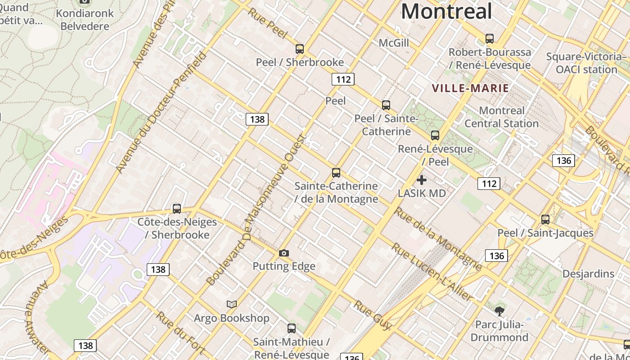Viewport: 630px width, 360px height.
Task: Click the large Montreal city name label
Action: pyautogui.click(x=446, y=11)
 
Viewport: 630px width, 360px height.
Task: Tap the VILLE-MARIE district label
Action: pyautogui.click(x=470, y=88)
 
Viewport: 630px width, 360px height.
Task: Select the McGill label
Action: pyautogui.click(x=394, y=43)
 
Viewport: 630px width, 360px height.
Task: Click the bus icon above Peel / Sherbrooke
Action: pyautogui.click(x=300, y=49)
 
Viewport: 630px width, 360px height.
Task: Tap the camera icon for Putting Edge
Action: pyautogui.click(x=283, y=253)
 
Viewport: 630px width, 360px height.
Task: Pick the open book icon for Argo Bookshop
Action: pyautogui.click(x=232, y=305)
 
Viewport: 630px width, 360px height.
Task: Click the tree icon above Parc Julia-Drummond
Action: pyautogui.click(x=499, y=311)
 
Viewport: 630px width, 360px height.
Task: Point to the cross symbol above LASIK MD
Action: pyautogui.click(x=422, y=180)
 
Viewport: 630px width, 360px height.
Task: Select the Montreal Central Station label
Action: pyautogui.click(x=501, y=117)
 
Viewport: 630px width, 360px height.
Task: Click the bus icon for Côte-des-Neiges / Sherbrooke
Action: pyautogui.click(x=177, y=209)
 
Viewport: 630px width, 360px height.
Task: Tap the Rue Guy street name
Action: pyautogui.click(x=373, y=315)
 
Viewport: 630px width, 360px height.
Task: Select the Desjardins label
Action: pyautogui.click(x=588, y=274)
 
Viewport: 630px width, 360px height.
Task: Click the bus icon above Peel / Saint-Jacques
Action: pyautogui.click(x=545, y=220)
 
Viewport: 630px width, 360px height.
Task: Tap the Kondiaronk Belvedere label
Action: pyautogui.click(x=85, y=19)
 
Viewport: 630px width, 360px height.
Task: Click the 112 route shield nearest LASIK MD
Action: pyautogui.click(x=489, y=183)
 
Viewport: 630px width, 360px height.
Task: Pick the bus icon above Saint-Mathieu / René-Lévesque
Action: pyautogui.click(x=292, y=328)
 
